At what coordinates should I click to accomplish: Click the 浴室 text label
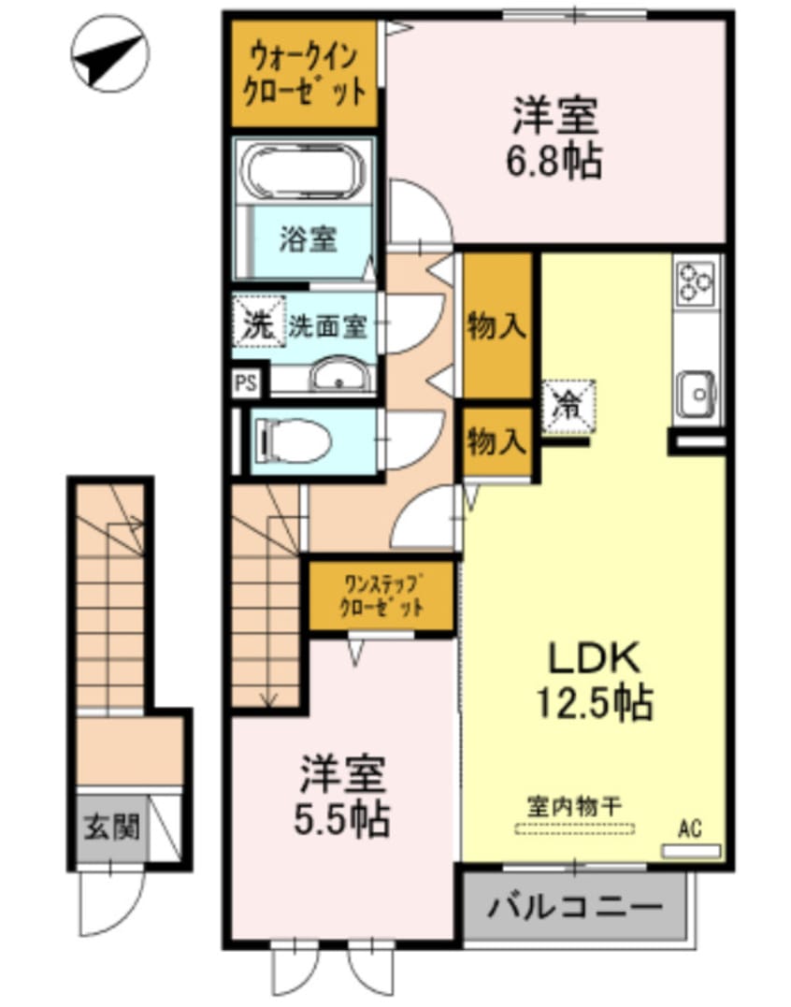pyautogui.click(x=308, y=239)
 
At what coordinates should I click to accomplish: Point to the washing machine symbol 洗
pyautogui.click(x=255, y=324)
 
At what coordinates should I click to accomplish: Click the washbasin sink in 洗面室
pyautogui.click(x=341, y=378)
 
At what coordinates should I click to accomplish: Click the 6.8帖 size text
pyautogui.click(x=554, y=163)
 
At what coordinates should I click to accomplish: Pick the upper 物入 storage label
pyautogui.click(x=496, y=327)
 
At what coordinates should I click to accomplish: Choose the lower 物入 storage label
pyautogui.click(x=496, y=442)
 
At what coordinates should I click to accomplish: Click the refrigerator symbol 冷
pyautogui.click(x=568, y=404)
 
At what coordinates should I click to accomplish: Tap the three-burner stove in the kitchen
pyautogui.click(x=696, y=281)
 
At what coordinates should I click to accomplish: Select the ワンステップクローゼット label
pyautogui.click(x=382, y=596)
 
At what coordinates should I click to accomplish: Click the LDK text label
pyautogui.click(x=593, y=660)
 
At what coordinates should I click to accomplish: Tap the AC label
pyautogui.click(x=690, y=827)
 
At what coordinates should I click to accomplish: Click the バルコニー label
pyautogui.click(x=575, y=906)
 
